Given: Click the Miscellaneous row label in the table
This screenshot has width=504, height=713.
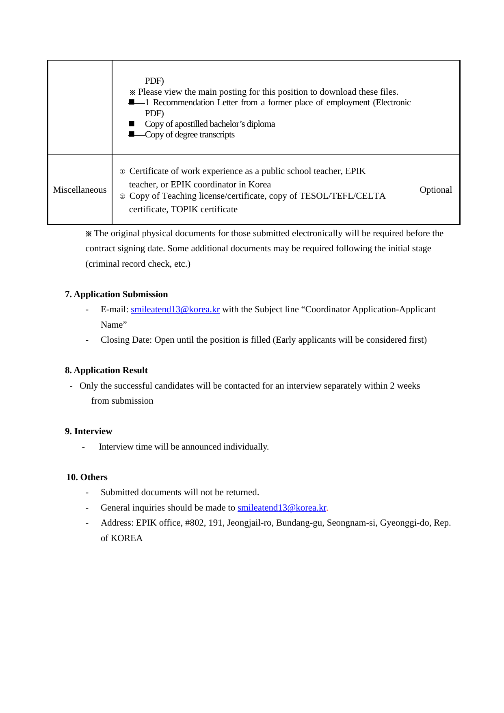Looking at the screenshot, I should [80, 190].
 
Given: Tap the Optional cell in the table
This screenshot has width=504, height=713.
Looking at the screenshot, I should [436, 190].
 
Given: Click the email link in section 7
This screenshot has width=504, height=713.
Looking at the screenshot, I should [175, 309].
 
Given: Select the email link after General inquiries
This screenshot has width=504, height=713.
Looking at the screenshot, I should [282, 508].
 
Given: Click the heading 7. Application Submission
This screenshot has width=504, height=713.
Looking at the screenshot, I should [116, 294].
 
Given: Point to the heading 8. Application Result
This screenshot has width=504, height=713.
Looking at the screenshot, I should [106, 370].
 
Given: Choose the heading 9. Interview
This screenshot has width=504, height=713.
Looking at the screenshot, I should [89, 431].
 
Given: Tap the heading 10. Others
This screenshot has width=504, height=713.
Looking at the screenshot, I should [87, 477].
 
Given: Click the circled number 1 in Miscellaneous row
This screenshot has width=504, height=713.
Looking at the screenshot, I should [122, 172].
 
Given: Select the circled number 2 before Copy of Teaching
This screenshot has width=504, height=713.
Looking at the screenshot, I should [122, 196].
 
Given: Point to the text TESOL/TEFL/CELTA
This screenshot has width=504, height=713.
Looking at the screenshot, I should [342, 196].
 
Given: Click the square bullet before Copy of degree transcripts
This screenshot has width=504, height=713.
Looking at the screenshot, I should [131, 134].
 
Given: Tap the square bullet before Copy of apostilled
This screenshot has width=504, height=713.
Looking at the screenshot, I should [131, 124].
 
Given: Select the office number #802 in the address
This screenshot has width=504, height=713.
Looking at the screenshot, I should [195, 523].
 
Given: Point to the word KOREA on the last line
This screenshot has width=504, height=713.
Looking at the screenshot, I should [127, 538].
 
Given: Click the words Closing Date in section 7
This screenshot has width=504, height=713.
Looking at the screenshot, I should [126, 340].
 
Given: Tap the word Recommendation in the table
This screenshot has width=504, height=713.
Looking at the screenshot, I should [183, 102].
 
